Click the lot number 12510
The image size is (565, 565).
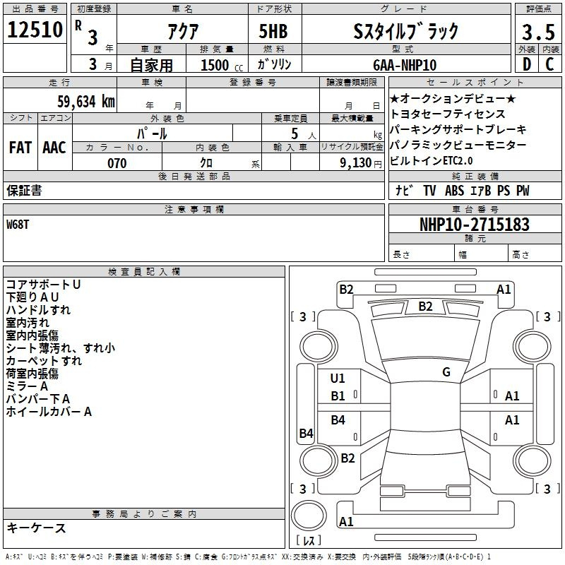tap(35, 30)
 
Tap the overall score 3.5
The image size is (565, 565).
tap(538, 32)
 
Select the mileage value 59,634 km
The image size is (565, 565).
tap(86, 102)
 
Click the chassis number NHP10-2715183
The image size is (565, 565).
tap(475, 225)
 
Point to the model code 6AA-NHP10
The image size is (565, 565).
tap(405, 65)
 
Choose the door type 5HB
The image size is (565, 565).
tap(273, 31)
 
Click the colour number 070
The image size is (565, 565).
tap(117, 163)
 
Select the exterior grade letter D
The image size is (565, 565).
tap(527, 64)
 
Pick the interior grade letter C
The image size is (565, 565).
tap(549, 64)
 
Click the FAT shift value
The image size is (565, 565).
tap(20, 148)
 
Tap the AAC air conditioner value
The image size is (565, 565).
tap(54, 148)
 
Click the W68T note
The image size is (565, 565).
tap(18, 225)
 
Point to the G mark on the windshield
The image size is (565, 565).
tap(446, 372)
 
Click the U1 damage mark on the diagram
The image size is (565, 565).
tap(338, 379)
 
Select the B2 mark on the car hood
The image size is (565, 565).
tap(426, 307)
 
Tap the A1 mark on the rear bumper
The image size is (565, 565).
tap(346, 521)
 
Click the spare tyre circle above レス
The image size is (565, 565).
tap(309, 516)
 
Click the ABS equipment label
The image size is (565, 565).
tap(454, 191)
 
